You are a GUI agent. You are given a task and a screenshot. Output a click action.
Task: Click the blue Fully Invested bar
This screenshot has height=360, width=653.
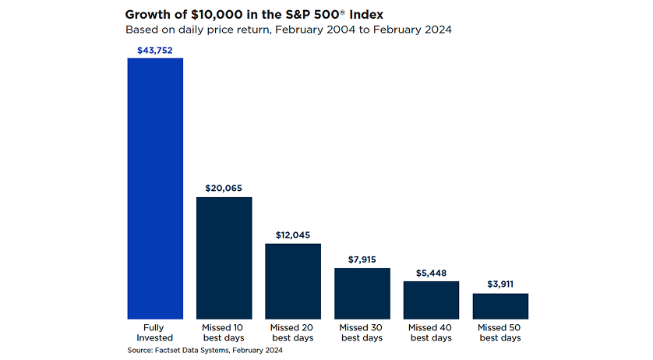tap(155, 188)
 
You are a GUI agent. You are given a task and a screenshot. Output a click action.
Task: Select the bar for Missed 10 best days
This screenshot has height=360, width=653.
tap(224, 258)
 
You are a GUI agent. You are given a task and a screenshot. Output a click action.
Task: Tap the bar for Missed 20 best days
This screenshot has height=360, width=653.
tap(293, 281)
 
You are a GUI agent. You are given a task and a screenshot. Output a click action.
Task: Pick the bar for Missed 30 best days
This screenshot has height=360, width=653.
tap(362, 293)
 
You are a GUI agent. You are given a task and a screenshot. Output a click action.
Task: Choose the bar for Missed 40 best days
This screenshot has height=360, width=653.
tap(431, 300)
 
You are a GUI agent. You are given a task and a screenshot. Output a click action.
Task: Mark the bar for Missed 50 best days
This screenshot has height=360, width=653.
tap(500, 306)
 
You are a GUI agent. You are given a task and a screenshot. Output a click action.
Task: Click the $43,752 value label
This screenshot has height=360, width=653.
tap(155, 50)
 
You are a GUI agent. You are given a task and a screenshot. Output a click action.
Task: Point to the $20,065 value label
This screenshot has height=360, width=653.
tap(224, 189)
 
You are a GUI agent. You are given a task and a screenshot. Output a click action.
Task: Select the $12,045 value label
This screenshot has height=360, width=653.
tap(293, 235)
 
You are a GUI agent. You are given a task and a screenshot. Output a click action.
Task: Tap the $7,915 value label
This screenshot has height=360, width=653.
tap(362, 259)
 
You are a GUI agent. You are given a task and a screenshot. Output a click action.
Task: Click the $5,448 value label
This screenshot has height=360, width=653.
tap(431, 273)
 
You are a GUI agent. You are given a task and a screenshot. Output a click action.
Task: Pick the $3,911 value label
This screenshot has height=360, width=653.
tap(500, 285)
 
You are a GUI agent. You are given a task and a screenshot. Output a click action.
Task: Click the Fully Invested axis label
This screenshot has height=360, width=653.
tap(155, 333)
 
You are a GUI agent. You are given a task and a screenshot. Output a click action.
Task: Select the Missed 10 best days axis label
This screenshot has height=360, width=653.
tap(224, 333)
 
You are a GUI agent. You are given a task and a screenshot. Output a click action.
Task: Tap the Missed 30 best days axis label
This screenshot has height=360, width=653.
tap(362, 333)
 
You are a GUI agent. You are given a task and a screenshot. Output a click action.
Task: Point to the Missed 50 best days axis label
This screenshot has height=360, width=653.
tap(500, 333)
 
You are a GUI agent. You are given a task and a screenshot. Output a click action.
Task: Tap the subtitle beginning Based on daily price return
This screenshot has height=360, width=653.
tap(288, 30)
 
